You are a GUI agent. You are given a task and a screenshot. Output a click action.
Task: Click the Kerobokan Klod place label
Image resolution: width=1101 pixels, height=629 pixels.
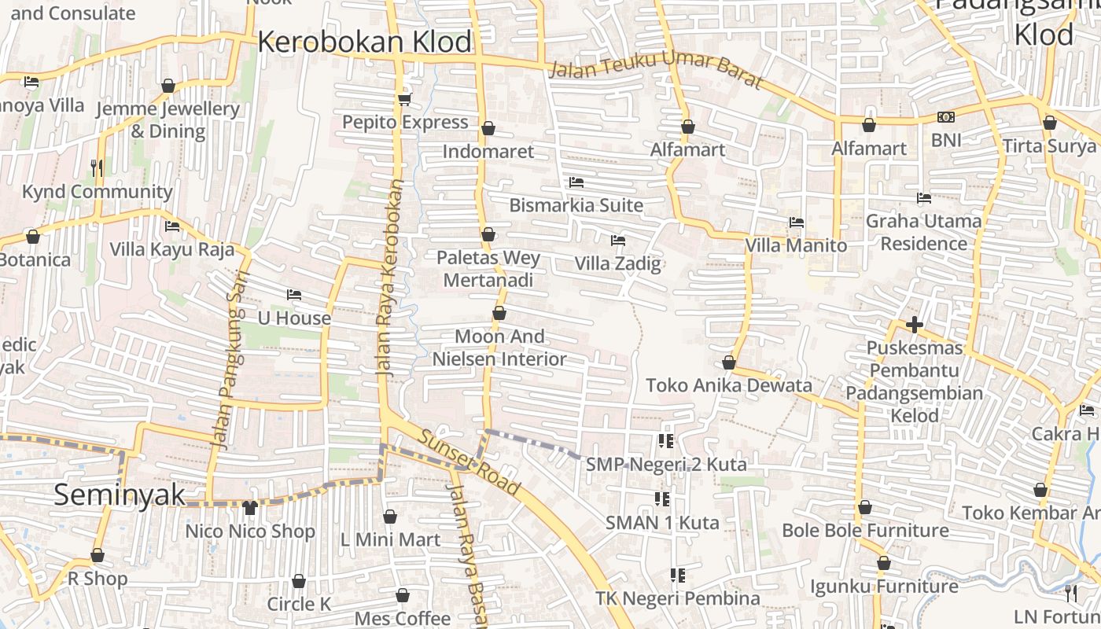coord(364,42)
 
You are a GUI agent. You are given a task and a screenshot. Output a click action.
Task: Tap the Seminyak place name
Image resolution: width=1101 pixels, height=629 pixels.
coord(120,495)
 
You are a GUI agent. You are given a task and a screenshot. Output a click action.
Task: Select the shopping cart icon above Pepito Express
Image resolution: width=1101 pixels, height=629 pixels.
coord(405,98)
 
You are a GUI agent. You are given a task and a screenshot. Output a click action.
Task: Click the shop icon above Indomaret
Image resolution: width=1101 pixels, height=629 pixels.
coord(488,127)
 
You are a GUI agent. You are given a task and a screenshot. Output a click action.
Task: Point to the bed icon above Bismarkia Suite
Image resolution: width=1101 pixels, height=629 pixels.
coord(576,182)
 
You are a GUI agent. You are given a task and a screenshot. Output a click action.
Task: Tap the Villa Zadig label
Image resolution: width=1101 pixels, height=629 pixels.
coord(617,263)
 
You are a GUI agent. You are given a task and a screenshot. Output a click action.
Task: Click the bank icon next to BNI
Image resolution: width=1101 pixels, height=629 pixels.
coord(946,117)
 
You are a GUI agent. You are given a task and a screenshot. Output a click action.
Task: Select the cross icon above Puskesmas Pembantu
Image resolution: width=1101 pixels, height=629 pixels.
coord(914,324)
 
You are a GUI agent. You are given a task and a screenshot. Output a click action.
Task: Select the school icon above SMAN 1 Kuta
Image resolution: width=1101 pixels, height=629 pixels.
coord(662,498)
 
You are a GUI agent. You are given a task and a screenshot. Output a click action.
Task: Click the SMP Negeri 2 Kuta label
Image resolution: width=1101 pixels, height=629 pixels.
coord(666,465)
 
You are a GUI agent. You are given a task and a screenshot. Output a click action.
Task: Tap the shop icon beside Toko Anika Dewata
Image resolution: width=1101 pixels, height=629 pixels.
coord(729,362)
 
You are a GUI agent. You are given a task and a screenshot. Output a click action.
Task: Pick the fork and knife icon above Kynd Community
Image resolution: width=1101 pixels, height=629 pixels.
coord(97,167)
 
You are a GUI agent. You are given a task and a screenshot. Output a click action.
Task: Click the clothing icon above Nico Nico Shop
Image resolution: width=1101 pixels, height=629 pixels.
coord(250,508)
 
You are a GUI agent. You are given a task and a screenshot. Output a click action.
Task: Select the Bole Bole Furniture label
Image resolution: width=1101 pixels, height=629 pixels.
coord(865,531)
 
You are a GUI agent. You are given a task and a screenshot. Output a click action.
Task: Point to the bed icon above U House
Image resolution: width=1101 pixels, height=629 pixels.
coord(294,295)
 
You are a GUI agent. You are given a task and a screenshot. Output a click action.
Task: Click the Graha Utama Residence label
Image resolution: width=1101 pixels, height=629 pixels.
coord(923,232)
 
